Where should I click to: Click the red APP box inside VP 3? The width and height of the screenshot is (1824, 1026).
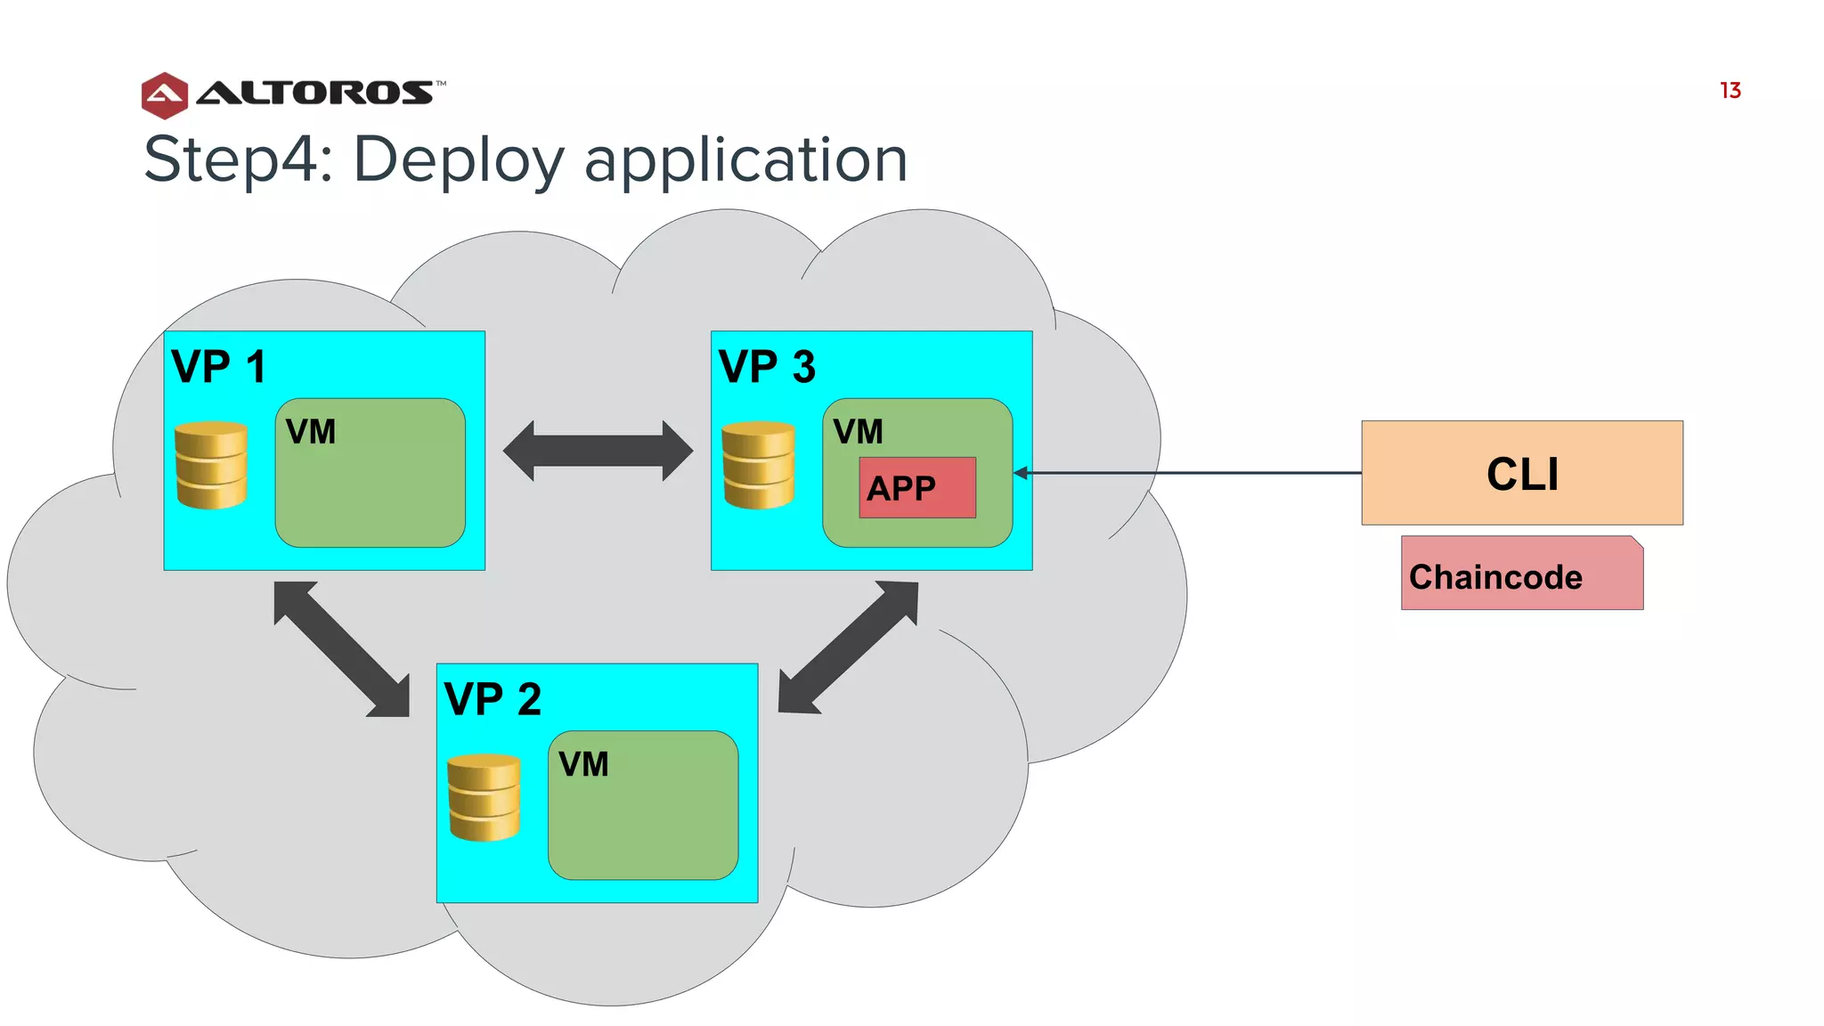[x=916, y=487]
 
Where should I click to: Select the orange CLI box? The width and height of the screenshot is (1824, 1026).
[x=1521, y=472]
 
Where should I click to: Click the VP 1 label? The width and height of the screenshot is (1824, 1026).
[x=218, y=366]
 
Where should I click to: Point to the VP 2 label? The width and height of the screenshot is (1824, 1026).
[x=492, y=698]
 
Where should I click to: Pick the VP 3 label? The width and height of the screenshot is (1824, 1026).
[x=766, y=366]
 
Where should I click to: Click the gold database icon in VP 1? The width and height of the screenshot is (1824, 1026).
[x=211, y=464]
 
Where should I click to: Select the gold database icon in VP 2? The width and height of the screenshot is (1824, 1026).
[x=484, y=797]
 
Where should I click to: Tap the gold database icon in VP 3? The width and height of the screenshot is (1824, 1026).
[x=758, y=464]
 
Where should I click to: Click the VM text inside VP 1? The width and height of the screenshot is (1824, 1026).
[x=311, y=432]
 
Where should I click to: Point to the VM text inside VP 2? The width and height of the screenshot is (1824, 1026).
[x=583, y=764]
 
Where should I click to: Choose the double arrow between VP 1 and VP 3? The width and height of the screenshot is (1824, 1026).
[x=598, y=451]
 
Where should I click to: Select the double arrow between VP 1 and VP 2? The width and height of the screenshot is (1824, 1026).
[x=342, y=648]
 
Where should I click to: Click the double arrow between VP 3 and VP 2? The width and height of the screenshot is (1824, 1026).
[x=848, y=647]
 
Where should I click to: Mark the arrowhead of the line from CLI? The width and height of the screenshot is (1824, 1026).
[x=1021, y=473]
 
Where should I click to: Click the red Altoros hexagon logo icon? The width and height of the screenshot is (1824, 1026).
[x=165, y=95]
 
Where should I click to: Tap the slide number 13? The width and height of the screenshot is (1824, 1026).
[x=1730, y=91]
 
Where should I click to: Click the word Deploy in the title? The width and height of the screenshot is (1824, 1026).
[x=459, y=160]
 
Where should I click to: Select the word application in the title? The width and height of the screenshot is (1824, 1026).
[x=745, y=160]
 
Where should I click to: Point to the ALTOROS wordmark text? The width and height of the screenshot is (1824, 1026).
[x=314, y=93]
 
